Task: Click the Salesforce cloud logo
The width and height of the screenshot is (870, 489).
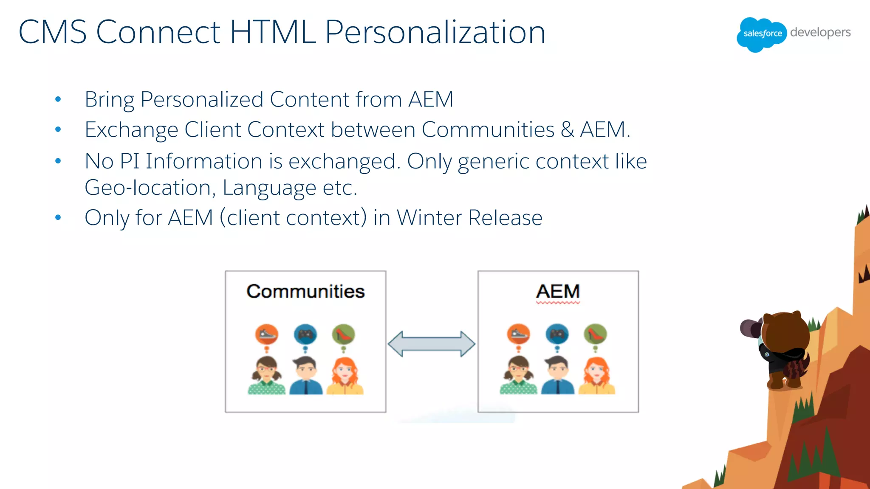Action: coord(761,34)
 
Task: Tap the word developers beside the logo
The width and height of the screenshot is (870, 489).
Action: coord(820,33)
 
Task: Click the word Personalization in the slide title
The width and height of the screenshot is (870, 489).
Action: coord(435,32)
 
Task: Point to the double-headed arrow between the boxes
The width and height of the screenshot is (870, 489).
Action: coord(432,344)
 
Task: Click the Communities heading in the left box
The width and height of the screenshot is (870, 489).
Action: coord(305,292)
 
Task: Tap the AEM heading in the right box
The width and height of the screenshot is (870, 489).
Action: coord(558,292)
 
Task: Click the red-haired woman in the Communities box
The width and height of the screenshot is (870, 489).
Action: coord(345,376)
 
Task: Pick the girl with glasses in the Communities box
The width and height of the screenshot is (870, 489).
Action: coord(266,376)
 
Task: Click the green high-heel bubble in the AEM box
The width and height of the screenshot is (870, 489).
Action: coord(595,334)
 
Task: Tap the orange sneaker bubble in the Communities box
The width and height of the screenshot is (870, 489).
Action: coord(266,334)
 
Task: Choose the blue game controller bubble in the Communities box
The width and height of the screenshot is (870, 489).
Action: coord(305,334)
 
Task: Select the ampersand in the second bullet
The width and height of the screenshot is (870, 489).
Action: coord(567,129)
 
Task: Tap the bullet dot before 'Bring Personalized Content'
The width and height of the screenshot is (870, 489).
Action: coord(58,100)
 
